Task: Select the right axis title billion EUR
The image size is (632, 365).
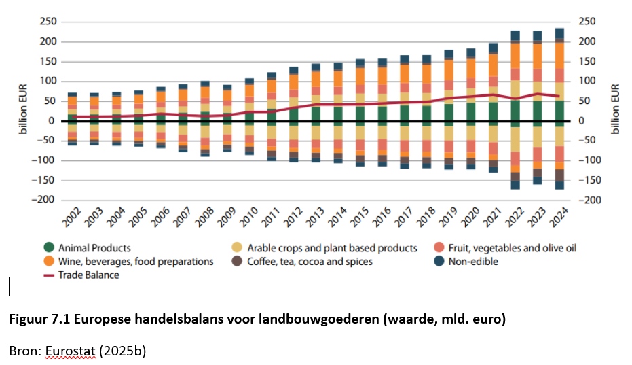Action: pyautogui.click(x=616, y=110)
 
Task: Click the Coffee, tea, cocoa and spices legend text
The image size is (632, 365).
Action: pyautogui.click(x=310, y=262)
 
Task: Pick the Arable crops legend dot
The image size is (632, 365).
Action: pyautogui.click(x=236, y=248)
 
